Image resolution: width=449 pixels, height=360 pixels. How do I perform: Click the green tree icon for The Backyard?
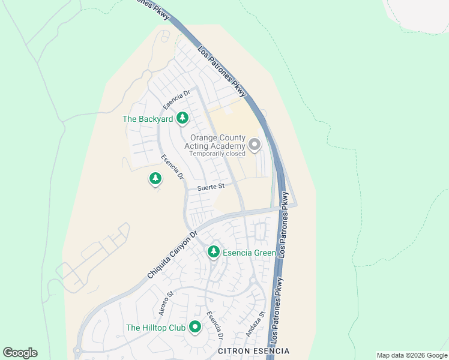pyautogui.click(x=182, y=119)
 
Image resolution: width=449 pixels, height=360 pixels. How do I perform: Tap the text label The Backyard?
pyautogui.click(x=148, y=119)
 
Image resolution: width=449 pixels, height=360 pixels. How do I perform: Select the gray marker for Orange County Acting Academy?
pyautogui.click(x=255, y=145)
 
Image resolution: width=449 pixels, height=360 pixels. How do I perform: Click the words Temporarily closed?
pyautogui.click(x=217, y=154)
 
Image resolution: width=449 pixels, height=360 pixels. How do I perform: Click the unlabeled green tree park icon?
pyautogui.click(x=155, y=178)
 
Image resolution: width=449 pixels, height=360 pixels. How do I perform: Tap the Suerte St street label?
pyautogui.click(x=211, y=187)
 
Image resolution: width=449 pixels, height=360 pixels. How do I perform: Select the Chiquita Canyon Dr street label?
pyautogui.click(x=172, y=255)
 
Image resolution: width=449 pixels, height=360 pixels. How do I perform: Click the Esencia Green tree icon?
pyautogui.click(x=213, y=253)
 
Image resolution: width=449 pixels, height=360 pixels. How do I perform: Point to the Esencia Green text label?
pyautogui.click(x=249, y=253)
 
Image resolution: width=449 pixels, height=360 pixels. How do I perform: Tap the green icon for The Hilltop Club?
pyautogui.click(x=194, y=328)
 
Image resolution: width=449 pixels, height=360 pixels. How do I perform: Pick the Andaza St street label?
pyautogui.click(x=255, y=323)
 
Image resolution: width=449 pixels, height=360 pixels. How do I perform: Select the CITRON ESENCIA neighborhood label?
pyautogui.click(x=253, y=350)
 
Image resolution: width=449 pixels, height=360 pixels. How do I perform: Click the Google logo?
pyautogui.click(x=20, y=353)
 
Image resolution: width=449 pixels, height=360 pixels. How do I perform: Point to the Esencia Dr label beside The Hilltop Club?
pyautogui.click(x=214, y=323)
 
